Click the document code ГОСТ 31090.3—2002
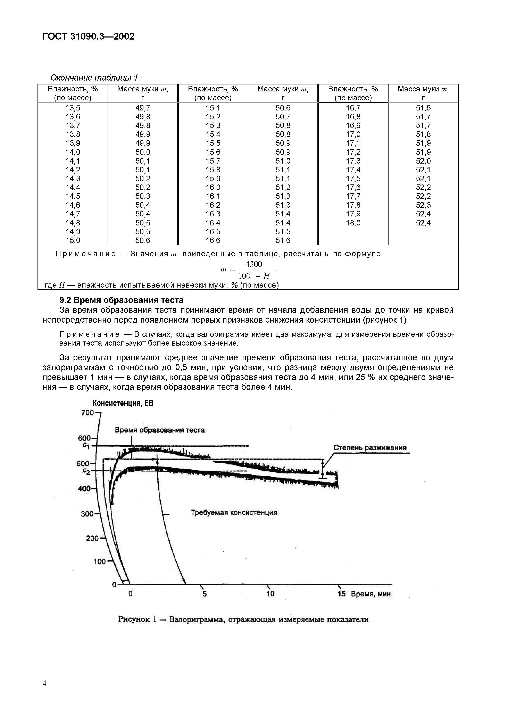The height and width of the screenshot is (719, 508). point(88,37)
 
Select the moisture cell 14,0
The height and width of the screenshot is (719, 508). point(73,152)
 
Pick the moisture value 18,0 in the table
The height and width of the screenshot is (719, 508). point(353,223)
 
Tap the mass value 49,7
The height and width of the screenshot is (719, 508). point(143,108)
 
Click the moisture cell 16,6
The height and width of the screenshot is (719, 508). point(213,240)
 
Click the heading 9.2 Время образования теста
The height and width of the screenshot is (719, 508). point(122,300)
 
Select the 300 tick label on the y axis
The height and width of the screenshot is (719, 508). point(87,514)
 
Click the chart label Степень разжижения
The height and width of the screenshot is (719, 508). point(370,447)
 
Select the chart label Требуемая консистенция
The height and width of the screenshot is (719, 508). point(234,513)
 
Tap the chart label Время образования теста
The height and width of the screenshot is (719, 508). point(160,430)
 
